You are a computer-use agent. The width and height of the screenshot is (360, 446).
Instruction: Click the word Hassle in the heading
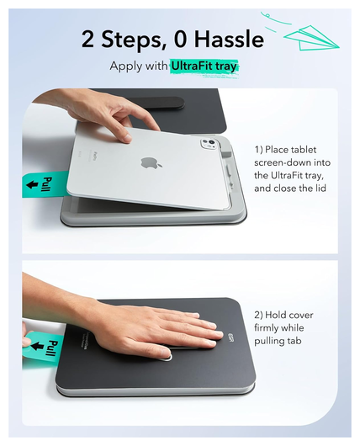[229, 39]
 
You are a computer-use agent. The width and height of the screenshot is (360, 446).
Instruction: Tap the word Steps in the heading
[132, 40]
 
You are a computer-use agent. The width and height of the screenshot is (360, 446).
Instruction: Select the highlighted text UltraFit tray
[204, 66]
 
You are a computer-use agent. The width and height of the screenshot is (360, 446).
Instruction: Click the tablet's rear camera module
[209, 143]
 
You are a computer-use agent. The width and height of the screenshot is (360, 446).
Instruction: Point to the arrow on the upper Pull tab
[32, 184]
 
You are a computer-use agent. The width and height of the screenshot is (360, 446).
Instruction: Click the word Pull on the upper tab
[47, 184]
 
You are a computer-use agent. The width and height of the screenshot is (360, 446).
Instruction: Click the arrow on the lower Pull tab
[37, 346]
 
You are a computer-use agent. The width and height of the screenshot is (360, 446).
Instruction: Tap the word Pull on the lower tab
[52, 348]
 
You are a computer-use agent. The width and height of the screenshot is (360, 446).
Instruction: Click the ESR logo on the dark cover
[231, 337]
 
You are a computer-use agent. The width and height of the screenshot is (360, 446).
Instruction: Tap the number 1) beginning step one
[258, 150]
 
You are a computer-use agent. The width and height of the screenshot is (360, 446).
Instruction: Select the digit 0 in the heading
[181, 39]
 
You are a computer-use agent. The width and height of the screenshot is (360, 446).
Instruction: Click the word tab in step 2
[294, 341]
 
